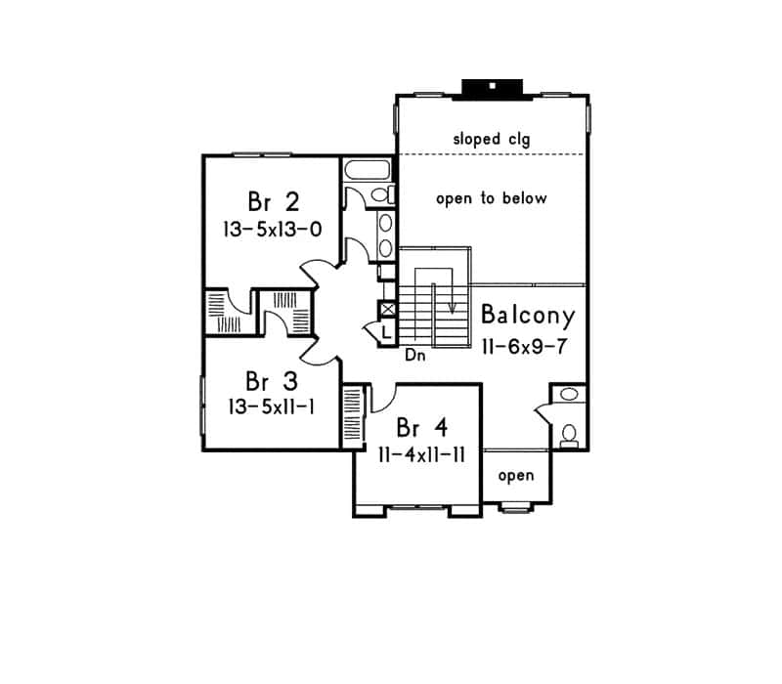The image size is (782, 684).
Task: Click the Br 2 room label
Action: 273,202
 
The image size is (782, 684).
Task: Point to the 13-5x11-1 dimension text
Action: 270,406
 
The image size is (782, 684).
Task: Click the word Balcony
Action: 527,317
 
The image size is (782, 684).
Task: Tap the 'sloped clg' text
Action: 491,140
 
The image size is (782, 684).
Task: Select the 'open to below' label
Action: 491,198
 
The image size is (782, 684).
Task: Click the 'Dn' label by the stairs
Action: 414,356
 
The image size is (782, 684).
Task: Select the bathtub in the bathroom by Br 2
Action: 368,171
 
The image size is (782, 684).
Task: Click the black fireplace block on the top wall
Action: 493,88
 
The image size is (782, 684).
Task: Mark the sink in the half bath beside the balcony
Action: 568,396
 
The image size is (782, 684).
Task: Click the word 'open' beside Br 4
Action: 516,476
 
